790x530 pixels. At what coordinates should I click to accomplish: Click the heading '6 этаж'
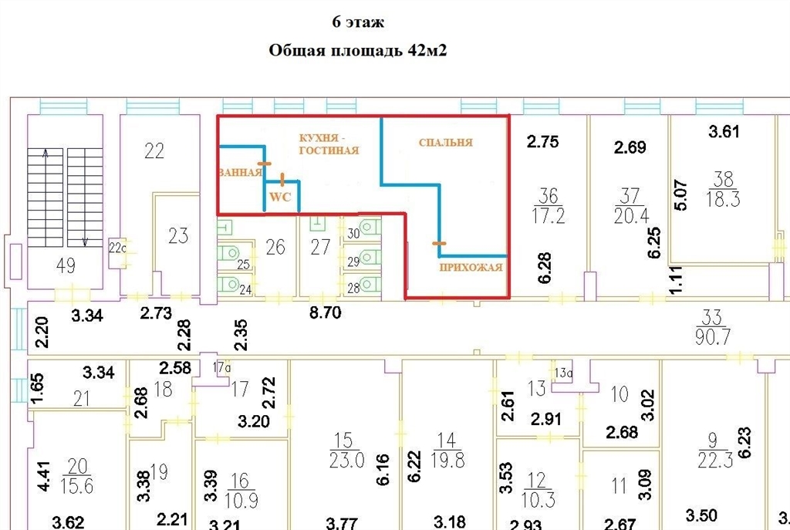click(x=358, y=22)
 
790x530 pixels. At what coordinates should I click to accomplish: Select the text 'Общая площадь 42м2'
click(x=358, y=50)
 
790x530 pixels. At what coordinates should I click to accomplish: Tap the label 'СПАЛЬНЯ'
click(x=446, y=143)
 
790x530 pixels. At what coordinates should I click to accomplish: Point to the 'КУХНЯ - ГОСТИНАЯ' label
click(x=329, y=144)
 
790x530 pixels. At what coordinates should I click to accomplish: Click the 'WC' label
click(x=280, y=197)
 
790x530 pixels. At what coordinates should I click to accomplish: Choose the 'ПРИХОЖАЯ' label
click(x=471, y=267)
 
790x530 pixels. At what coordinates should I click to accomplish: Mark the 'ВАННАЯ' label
click(x=240, y=172)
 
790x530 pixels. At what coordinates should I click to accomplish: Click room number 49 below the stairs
click(x=66, y=265)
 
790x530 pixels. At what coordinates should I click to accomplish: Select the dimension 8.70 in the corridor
click(x=326, y=312)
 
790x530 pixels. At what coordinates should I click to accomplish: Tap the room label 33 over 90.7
click(x=712, y=327)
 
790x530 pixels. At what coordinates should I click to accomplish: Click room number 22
click(x=154, y=150)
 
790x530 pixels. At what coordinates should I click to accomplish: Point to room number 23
click(x=178, y=236)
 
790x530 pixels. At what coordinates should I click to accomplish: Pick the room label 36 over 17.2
click(x=549, y=205)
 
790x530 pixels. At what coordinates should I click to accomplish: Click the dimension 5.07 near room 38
click(x=680, y=195)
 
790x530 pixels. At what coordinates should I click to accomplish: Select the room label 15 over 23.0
click(x=346, y=450)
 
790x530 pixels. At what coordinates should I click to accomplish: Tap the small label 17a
click(x=221, y=368)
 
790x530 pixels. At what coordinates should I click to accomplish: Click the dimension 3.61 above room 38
click(x=724, y=131)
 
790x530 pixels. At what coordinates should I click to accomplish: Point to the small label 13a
click(x=564, y=373)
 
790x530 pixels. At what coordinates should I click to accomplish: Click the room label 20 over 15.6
click(x=77, y=476)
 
